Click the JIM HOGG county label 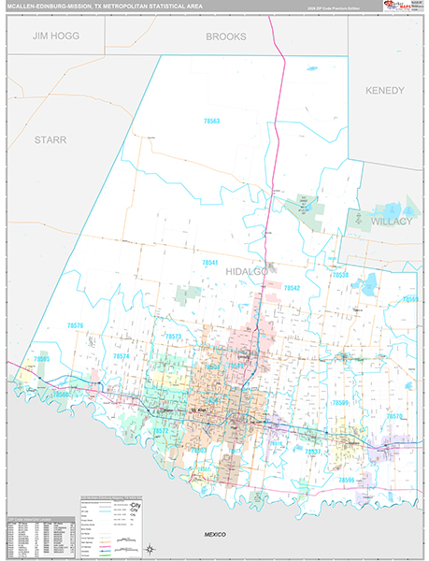pyautogui.click(x=55, y=36)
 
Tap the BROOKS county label pyautogui.click(x=226, y=36)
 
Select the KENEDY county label pyautogui.click(x=384, y=91)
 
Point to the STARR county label pyautogui.click(x=50, y=139)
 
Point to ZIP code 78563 pyautogui.click(x=212, y=122)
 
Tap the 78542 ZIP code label pyautogui.click(x=292, y=288)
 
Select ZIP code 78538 pyautogui.click(x=340, y=276)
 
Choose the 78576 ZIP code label pyautogui.click(x=75, y=325)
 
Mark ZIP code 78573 pyautogui.click(x=173, y=336)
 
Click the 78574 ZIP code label pyautogui.click(x=121, y=356)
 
